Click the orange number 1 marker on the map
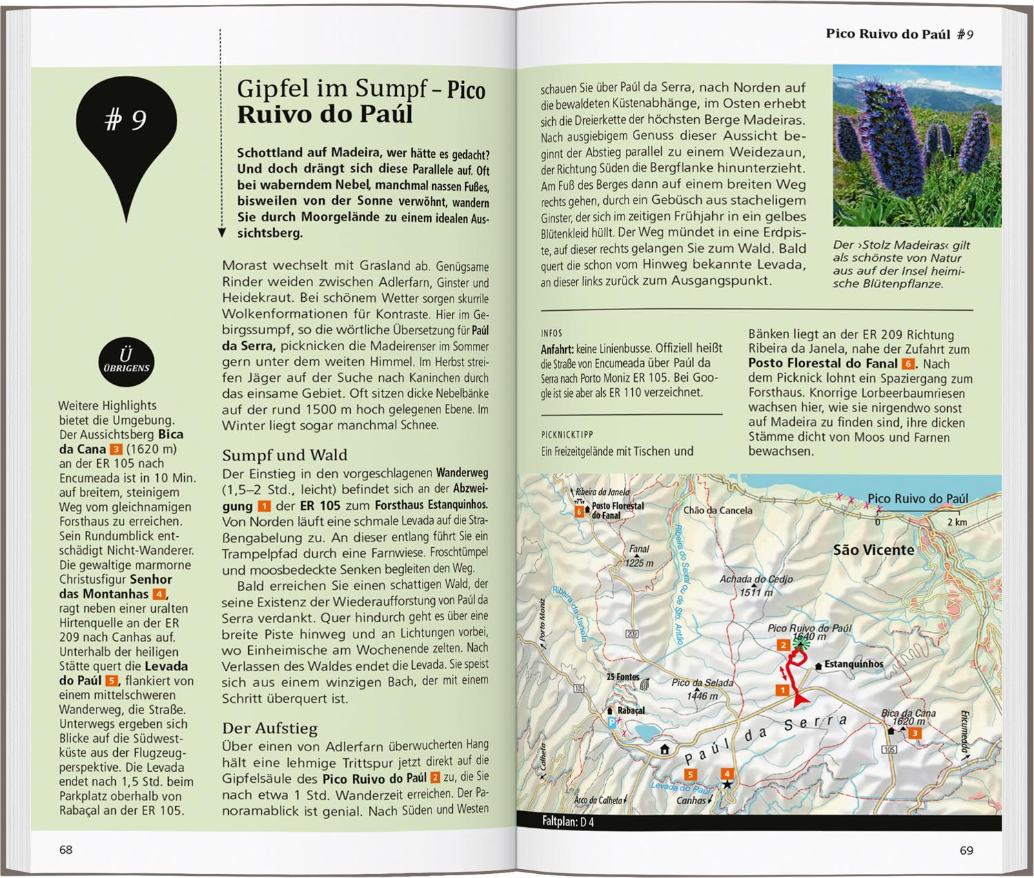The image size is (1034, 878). pyautogui.click(x=782, y=690)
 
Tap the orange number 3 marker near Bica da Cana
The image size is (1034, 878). pyautogui.click(x=915, y=733)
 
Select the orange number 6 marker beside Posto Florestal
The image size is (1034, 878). pyautogui.click(x=579, y=511)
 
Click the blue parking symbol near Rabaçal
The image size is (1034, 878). pyautogui.click(x=611, y=722)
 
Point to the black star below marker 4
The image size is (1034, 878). pyautogui.click(x=727, y=784)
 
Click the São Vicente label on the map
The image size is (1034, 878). pyautogui.click(x=873, y=550)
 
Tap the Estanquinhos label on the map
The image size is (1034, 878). pyautogui.click(x=853, y=664)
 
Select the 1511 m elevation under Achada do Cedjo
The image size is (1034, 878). pyautogui.click(x=756, y=592)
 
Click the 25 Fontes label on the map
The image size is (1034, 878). pyautogui.click(x=623, y=677)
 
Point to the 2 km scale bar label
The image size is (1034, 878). pyautogui.click(x=957, y=522)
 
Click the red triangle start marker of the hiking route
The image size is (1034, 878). pyautogui.click(x=800, y=700)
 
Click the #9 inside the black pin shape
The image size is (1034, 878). pyautogui.click(x=125, y=121)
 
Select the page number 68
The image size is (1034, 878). pyautogui.click(x=65, y=850)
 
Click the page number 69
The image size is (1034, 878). pyautogui.click(x=966, y=850)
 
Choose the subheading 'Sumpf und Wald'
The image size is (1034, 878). pyautogui.click(x=284, y=455)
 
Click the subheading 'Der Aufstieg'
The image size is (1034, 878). pyautogui.click(x=270, y=728)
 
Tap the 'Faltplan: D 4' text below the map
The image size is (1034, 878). pyautogui.click(x=568, y=822)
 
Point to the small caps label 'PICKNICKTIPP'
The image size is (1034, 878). pyautogui.click(x=567, y=435)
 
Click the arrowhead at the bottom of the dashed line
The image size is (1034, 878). pyautogui.click(x=221, y=233)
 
